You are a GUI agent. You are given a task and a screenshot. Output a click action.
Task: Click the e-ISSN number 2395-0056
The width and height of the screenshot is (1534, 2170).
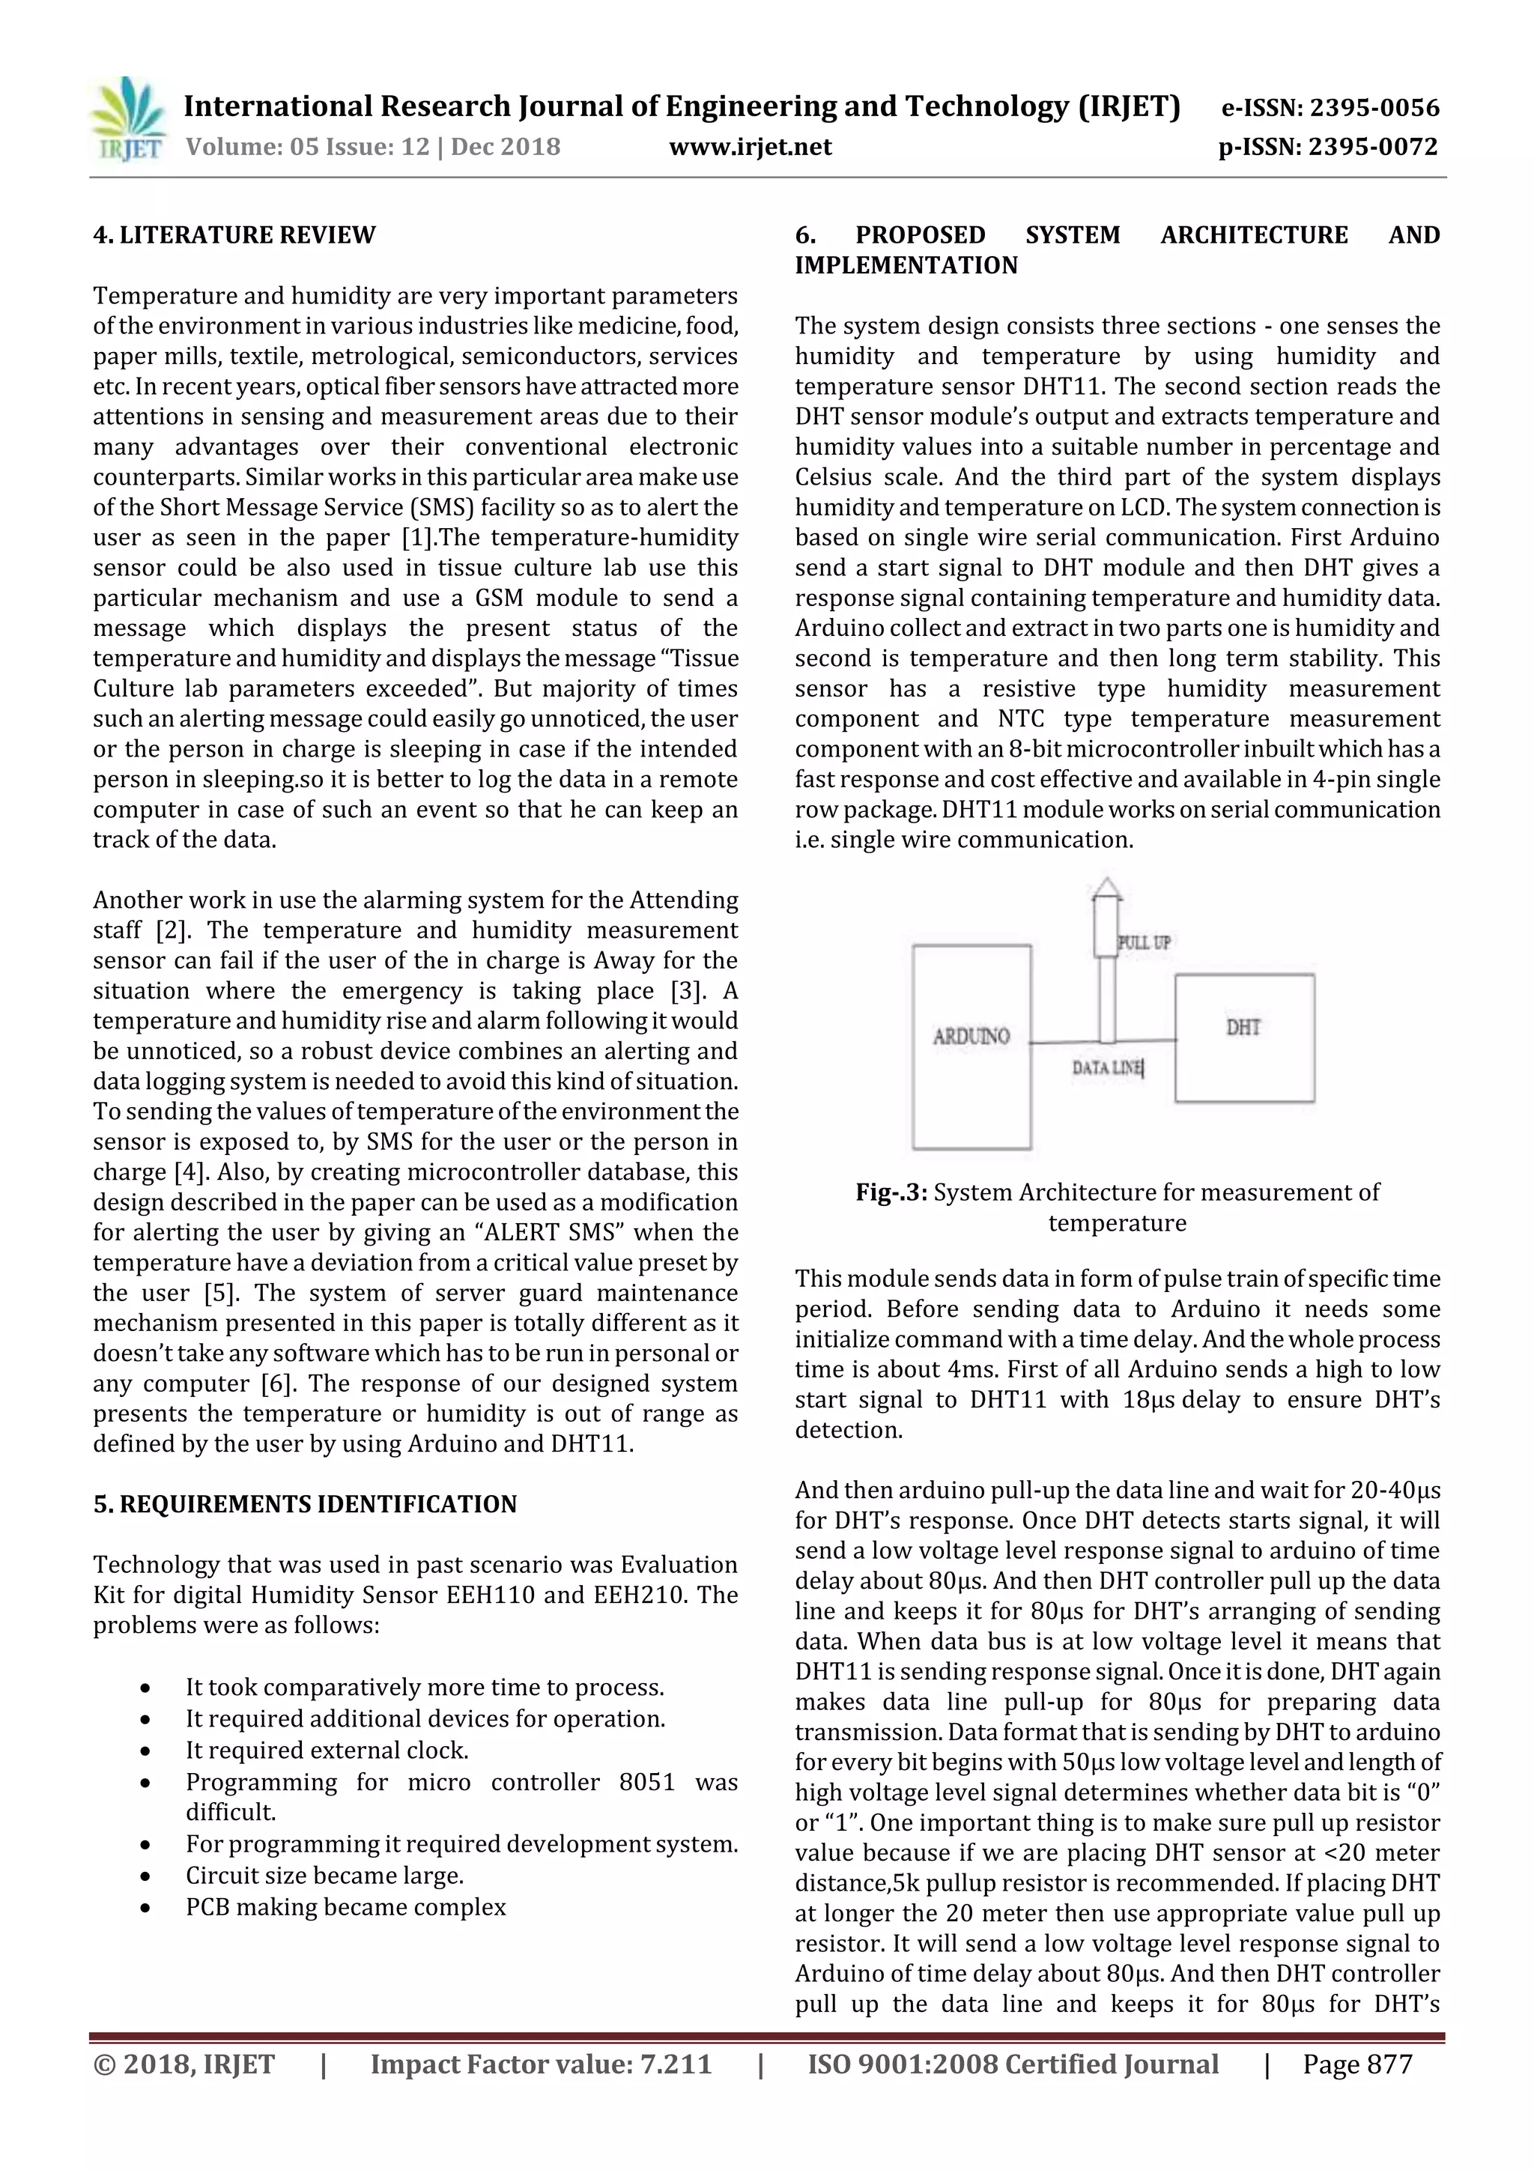[x=1374, y=108]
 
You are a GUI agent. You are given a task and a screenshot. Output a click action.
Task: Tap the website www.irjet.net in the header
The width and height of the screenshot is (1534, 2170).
[x=750, y=148]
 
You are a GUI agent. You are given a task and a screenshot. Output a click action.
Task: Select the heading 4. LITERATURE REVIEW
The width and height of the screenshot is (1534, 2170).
[x=234, y=234]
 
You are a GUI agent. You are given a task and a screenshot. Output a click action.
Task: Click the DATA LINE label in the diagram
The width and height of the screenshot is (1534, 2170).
[x=1107, y=1068]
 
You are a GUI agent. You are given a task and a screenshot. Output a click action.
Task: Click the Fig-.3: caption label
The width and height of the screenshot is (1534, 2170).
[x=891, y=1192]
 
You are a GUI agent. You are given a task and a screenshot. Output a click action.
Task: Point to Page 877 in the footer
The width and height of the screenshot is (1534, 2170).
[x=1356, y=2064]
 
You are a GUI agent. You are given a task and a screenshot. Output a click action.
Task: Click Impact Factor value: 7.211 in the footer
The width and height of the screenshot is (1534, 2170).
[x=541, y=2064]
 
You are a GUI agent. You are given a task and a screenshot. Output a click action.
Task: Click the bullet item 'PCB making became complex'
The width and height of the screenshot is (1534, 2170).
[x=346, y=1906]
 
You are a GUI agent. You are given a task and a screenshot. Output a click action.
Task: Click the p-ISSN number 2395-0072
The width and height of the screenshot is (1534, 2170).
[x=1372, y=148]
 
